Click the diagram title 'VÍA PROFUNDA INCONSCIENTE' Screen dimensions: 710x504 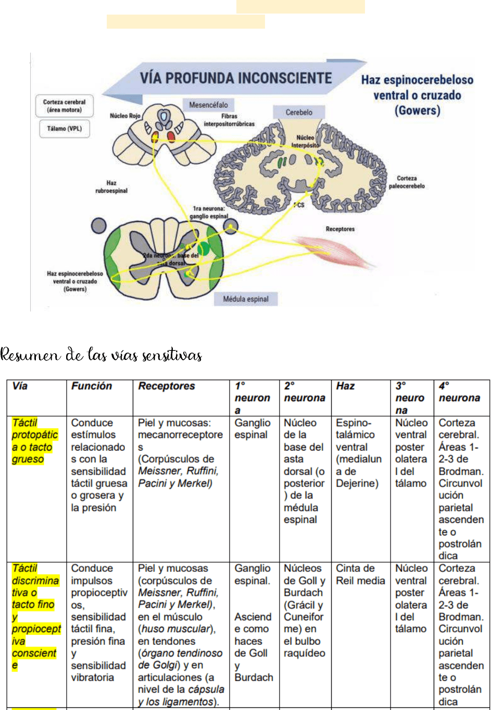[x=235, y=78]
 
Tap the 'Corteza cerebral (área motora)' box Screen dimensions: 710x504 [x=64, y=106]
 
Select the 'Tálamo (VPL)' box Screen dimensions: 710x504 [x=64, y=129]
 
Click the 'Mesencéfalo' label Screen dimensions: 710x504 [x=208, y=105]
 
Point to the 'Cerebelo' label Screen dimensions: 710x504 [x=299, y=112]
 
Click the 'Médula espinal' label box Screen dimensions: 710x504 [x=246, y=299]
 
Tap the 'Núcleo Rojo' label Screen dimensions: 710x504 [x=125, y=116]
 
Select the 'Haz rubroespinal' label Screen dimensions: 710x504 [x=111, y=186]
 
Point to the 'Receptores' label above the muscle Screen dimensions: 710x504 [x=340, y=229]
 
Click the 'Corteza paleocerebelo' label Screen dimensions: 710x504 [x=407, y=182]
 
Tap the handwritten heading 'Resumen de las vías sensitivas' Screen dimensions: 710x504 [x=101, y=355]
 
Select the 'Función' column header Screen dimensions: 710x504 [x=92, y=386]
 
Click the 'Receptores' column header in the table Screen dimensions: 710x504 [x=167, y=386]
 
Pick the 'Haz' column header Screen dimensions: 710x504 [x=345, y=386]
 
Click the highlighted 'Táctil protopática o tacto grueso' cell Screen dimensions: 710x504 [x=34, y=441]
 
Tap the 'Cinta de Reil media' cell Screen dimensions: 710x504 [x=360, y=574]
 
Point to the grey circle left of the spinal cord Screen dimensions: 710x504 [x=98, y=226]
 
